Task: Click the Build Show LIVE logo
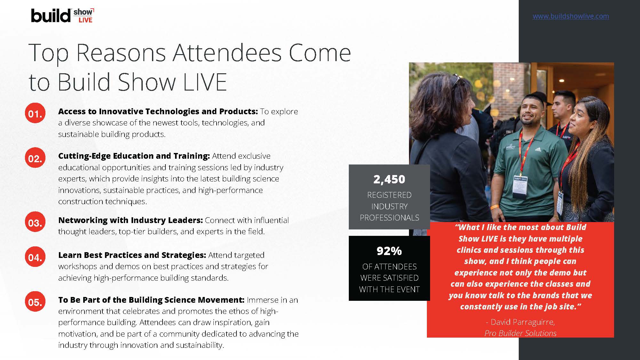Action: [62, 15]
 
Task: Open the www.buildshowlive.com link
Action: [571, 16]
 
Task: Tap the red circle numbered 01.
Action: [35, 113]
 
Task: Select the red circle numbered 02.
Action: [35, 158]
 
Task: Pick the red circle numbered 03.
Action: [35, 222]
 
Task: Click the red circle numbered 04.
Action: [35, 257]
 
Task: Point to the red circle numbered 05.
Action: [35, 302]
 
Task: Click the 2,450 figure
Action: [389, 180]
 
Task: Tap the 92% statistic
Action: [389, 251]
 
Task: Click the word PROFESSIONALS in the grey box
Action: [389, 218]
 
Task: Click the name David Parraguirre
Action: [523, 322]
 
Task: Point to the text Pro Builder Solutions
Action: [520, 333]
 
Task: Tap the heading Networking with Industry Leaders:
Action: [131, 220]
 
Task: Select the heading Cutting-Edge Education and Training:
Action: [134, 156]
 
